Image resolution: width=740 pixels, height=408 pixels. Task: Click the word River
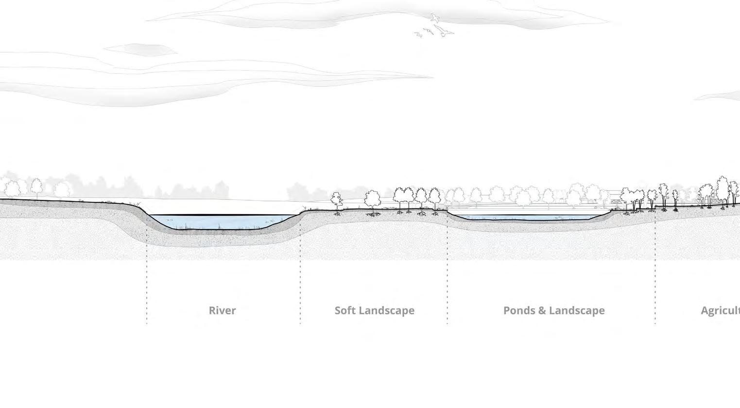[x=222, y=310]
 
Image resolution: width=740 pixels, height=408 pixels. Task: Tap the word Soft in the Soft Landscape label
[x=345, y=310]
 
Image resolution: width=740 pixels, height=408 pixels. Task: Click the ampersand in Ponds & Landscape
[x=541, y=310]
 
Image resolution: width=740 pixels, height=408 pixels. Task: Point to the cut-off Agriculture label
[x=720, y=310]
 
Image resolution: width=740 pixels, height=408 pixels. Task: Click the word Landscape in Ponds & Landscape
[x=576, y=310]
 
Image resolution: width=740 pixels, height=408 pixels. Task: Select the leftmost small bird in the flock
[x=418, y=34]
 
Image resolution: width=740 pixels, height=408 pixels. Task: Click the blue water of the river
[x=219, y=221]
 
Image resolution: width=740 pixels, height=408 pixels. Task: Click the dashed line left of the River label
[x=147, y=282]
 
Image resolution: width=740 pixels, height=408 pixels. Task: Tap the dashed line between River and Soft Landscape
[x=300, y=282]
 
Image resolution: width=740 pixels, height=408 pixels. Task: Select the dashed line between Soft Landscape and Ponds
[x=447, y=282]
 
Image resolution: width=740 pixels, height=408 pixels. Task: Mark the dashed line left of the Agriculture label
[x=655, y=282]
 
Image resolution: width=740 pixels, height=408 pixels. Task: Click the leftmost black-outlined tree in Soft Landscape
[x=336, y=199]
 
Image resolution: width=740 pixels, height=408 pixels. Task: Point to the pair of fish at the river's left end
[x=169, y=220]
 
